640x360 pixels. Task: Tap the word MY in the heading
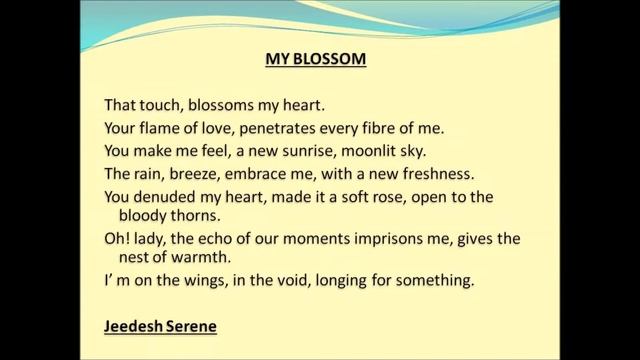[277, 59]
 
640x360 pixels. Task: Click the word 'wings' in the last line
[217, 281]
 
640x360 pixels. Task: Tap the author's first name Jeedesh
[135, 327]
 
